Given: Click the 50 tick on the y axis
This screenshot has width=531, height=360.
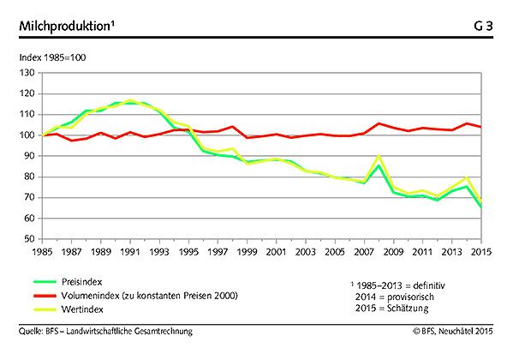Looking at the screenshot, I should tap(27, 239).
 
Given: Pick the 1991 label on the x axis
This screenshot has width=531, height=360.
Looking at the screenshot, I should tap(129, 252).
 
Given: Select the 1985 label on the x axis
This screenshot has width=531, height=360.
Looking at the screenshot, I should tap(40, 252).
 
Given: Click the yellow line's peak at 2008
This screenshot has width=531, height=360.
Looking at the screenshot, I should tap(379, 156).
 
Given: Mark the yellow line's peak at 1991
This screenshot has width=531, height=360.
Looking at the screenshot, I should tap(129, 99).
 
